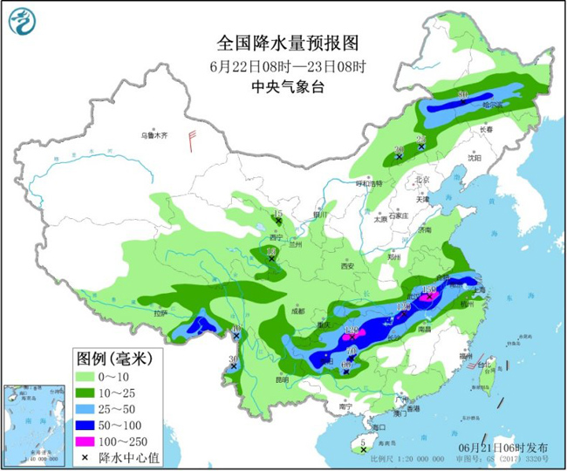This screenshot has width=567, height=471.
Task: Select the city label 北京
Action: (x=423, y=180)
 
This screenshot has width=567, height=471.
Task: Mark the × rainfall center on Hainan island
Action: (x=362, y=452)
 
